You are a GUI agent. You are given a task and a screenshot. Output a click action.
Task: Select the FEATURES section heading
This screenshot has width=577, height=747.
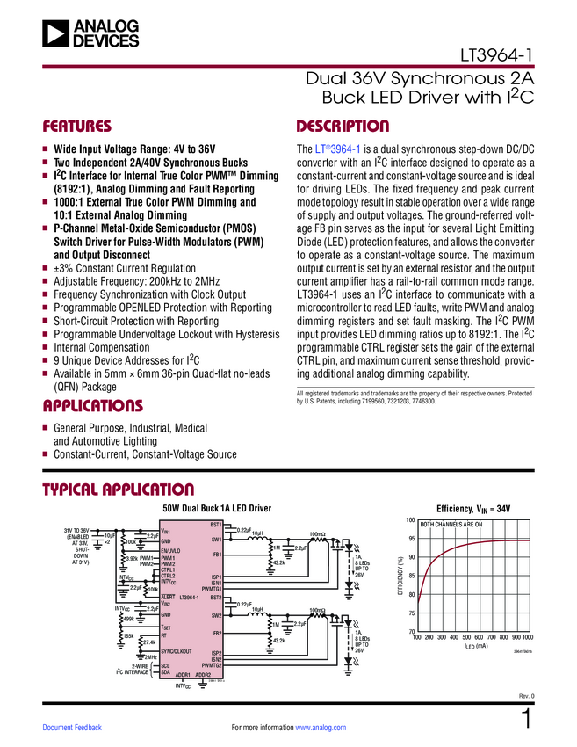pos(76,126)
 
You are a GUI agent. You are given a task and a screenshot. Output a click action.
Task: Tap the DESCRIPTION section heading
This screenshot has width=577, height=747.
pos(343,126)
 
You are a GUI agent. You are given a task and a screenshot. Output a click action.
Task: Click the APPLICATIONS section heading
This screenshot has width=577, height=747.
pos(92,406)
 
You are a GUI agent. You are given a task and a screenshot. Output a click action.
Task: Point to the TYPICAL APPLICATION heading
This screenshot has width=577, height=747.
pos(118,490)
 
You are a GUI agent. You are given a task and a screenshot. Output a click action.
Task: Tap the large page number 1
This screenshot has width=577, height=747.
pos(526,720)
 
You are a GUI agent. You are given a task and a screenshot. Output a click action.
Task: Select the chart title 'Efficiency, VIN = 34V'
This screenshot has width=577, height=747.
pos(473,509)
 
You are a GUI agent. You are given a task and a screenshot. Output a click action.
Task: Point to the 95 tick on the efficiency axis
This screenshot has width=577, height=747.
pos(411,539)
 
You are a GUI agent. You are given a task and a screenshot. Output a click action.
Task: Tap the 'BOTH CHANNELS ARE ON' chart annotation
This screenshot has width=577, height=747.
pos(451,525)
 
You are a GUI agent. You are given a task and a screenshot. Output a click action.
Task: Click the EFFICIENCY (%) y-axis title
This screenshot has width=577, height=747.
pos(400,576)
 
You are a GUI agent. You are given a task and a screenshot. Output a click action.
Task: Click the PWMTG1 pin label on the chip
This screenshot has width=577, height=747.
pos(211,588)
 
